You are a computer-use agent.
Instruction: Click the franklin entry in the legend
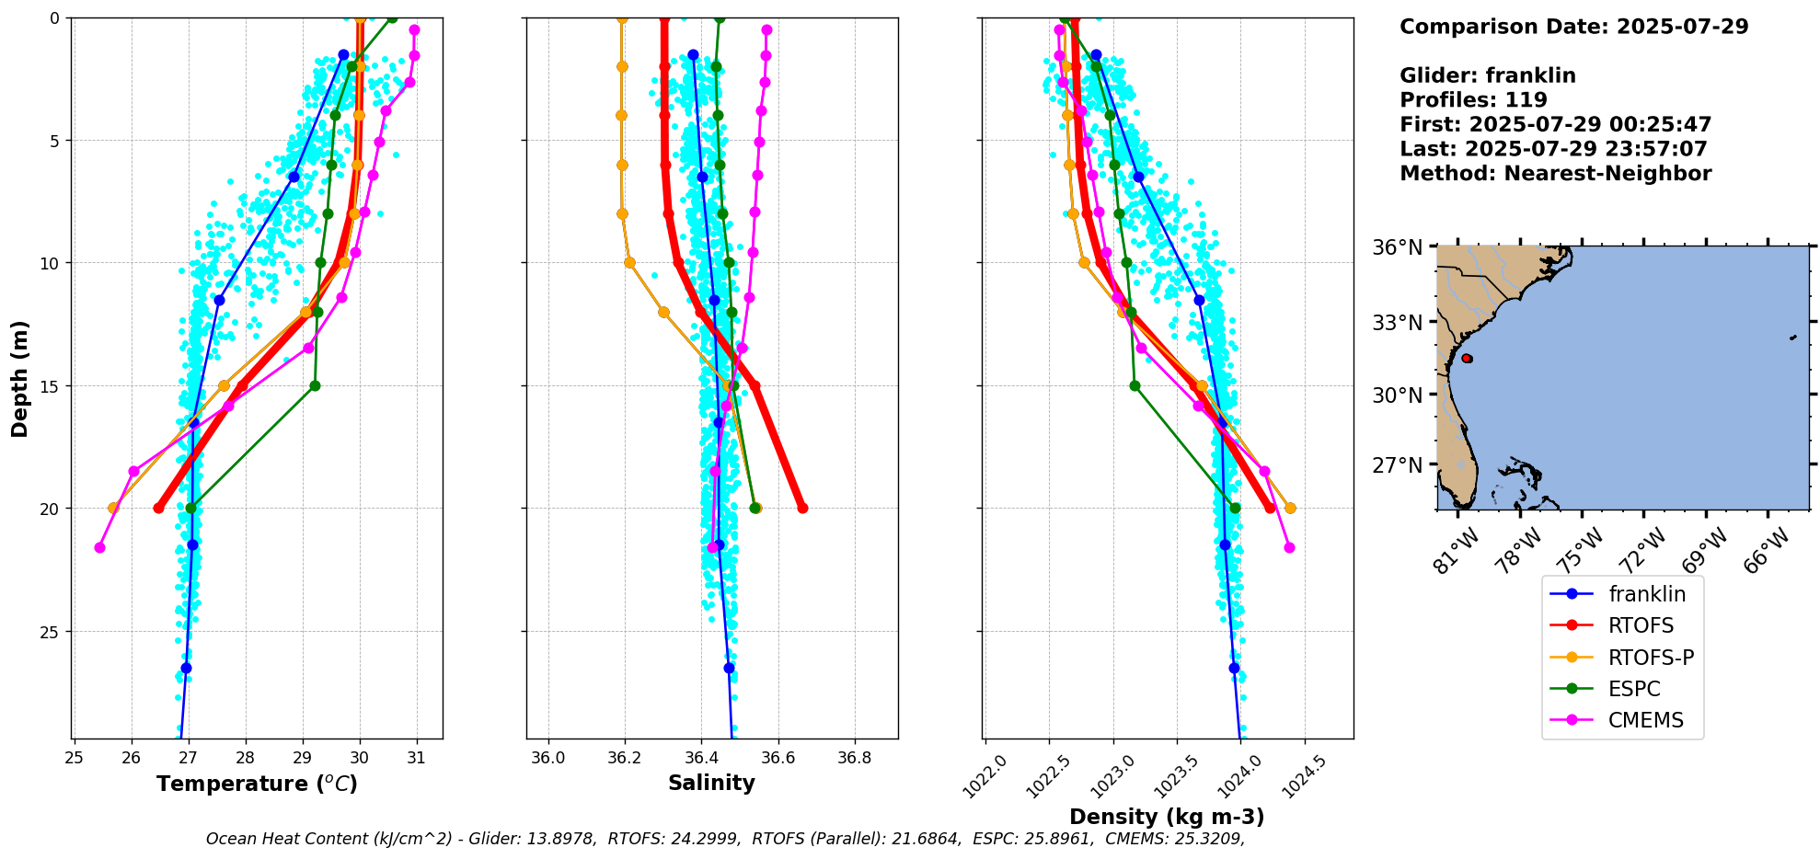coord(1646,594)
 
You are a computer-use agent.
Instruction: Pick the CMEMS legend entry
coord(1645,720)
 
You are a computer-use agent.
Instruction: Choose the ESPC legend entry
coord(1634,689)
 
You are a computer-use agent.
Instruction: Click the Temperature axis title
coord(257,784)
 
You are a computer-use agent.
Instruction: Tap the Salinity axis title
coord(711,783)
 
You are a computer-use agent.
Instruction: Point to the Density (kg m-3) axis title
coord(1167,817)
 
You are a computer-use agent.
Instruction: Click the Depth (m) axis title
coord(20,378)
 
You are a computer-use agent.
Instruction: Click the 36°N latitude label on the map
coord(1398,247)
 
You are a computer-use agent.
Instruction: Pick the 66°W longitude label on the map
coord(1763,550)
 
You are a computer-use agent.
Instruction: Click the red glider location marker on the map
coord(1467,358)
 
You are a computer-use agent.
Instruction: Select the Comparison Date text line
coord(1573,27)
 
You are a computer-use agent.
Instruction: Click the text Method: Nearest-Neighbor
coord(1555,174)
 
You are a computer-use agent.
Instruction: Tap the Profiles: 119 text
coord(1473,100)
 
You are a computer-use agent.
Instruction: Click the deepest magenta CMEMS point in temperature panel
coord(99,547)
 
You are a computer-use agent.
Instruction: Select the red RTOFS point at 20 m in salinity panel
coord(802,508)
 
